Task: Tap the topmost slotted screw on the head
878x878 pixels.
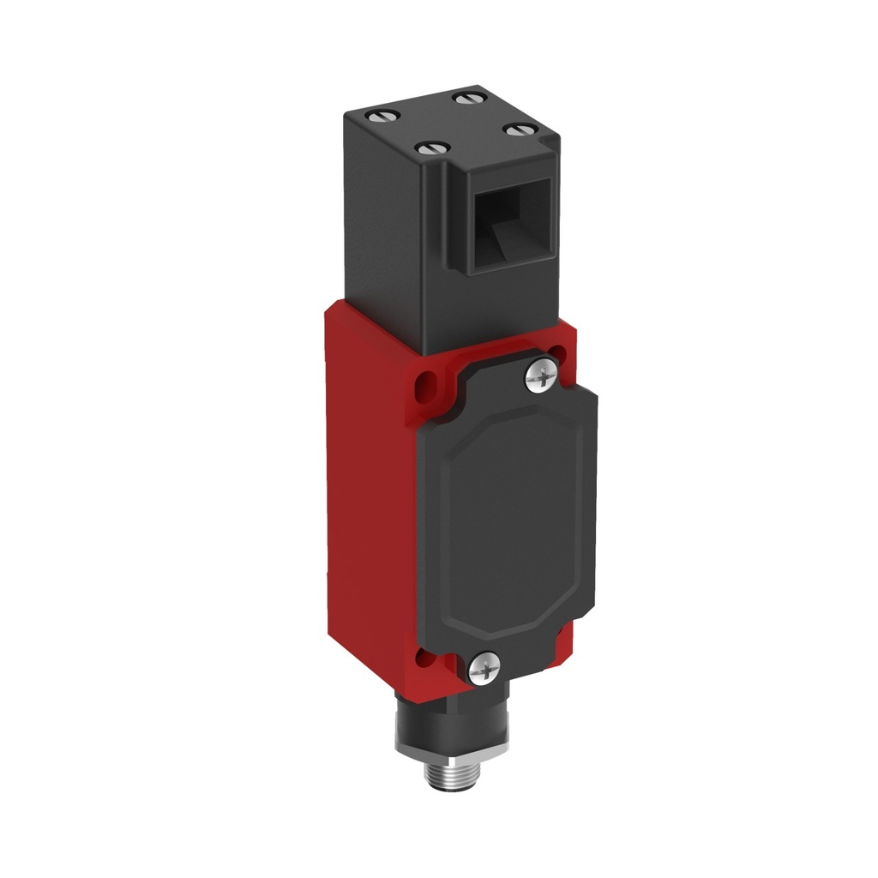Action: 468,98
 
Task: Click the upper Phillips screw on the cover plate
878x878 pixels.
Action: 539,376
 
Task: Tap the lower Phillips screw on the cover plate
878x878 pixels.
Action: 484,666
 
